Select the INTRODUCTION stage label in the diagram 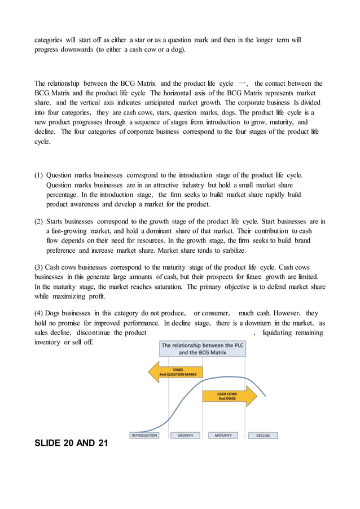[x=144, y=435]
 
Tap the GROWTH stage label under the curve [x=185, y=435]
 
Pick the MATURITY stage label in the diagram [x=223, y=435]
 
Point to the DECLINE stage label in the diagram [x=263, y=435]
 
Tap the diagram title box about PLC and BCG [x=202, y=349]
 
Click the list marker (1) [x=39, y=175]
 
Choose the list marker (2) [x=39, y=221]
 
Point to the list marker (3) [x=39, y=267]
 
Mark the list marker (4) [x=39, y=313]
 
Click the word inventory [x=47, y=342]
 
